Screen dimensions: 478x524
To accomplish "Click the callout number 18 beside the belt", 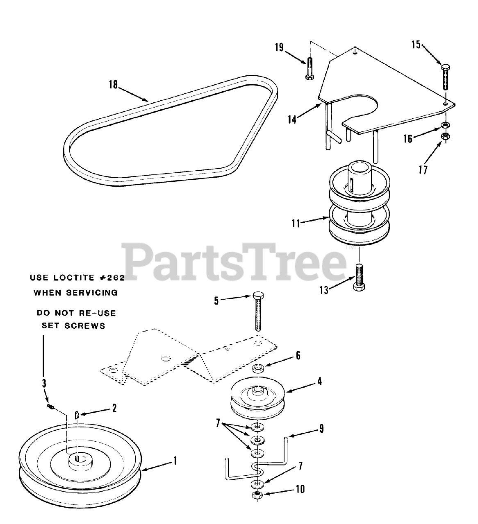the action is pos(113,85).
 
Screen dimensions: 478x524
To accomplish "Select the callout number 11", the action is pos(296,223).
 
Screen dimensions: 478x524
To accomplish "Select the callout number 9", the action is pos(321,429).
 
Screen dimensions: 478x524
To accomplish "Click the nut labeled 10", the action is pos(257,495).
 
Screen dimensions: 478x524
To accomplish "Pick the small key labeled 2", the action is pos(77,415).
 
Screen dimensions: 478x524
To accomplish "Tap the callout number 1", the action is pos(175,461).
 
